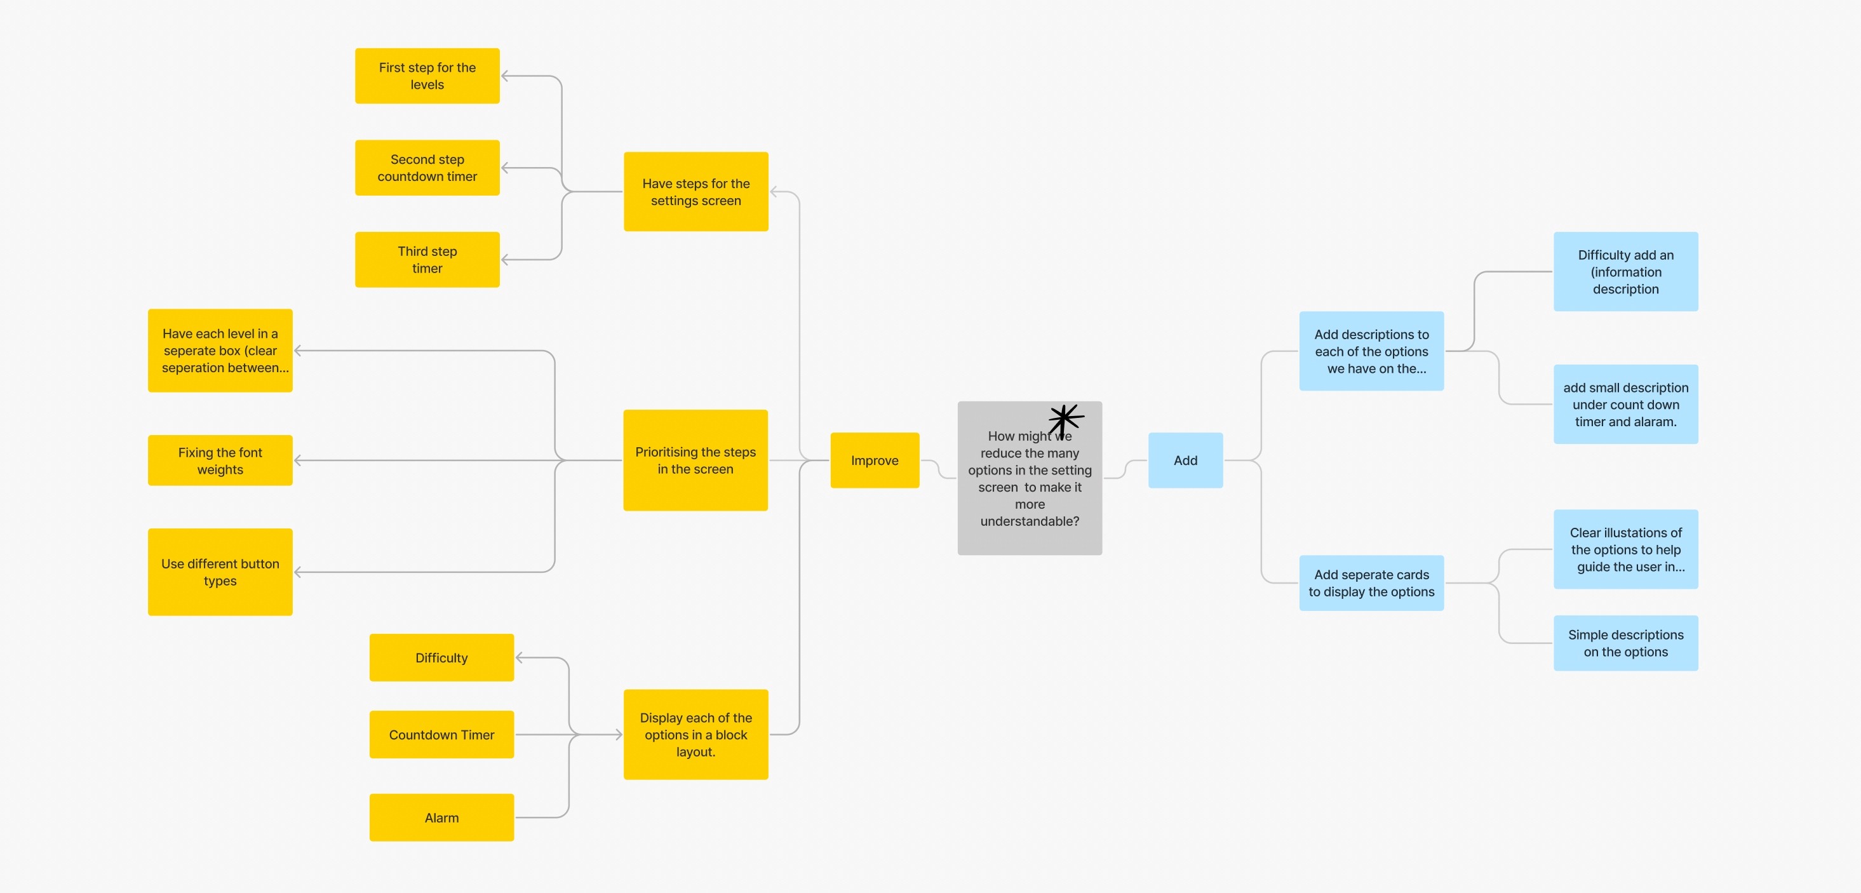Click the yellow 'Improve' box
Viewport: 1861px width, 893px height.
874,460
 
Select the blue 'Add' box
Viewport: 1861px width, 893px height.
1185,460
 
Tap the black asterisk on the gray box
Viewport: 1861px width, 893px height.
1066,419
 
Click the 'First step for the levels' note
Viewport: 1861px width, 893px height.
427,76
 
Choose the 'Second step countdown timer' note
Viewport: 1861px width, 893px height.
427,168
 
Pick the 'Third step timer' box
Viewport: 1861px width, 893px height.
427,259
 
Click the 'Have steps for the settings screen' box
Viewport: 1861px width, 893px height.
695,191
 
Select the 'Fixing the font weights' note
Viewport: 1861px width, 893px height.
220,460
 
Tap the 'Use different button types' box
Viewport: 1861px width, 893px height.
220,572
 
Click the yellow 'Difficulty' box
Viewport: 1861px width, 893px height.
441,657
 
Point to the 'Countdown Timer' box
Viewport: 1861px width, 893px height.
441,734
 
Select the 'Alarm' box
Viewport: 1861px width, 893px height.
441,817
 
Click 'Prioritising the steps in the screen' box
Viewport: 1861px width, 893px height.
695,460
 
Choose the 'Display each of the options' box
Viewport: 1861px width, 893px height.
695,734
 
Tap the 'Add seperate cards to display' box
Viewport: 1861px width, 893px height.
1371,583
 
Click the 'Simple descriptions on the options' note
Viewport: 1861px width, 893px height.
1625,643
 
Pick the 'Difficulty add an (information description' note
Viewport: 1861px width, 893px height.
1625,272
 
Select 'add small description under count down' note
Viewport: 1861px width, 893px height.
1625,404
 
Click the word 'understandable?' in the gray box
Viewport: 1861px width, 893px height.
1030,521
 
